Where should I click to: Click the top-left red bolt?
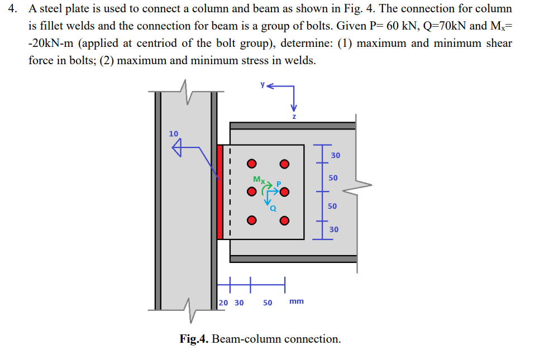(x=252, y=164)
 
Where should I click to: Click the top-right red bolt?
(x=285, y=164)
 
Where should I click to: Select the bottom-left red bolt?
(x=252, y=220)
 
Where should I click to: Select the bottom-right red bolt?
(x=285, y=220)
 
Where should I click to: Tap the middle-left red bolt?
(x=252, y=192)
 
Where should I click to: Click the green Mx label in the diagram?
(x=259, y=179)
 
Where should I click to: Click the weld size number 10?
(x=174, y=133)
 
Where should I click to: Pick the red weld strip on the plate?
(x=220, y=192)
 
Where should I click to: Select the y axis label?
(x=261, y=85)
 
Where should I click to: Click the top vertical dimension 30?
(x=335, y=155)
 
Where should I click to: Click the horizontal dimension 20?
(x=223, y=302)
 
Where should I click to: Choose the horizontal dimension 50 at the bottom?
(x=267, y=302)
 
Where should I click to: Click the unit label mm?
(x=297, y=301)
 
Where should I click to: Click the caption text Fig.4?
(x=194, y=339)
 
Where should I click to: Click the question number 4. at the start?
(x=16, y=10)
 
